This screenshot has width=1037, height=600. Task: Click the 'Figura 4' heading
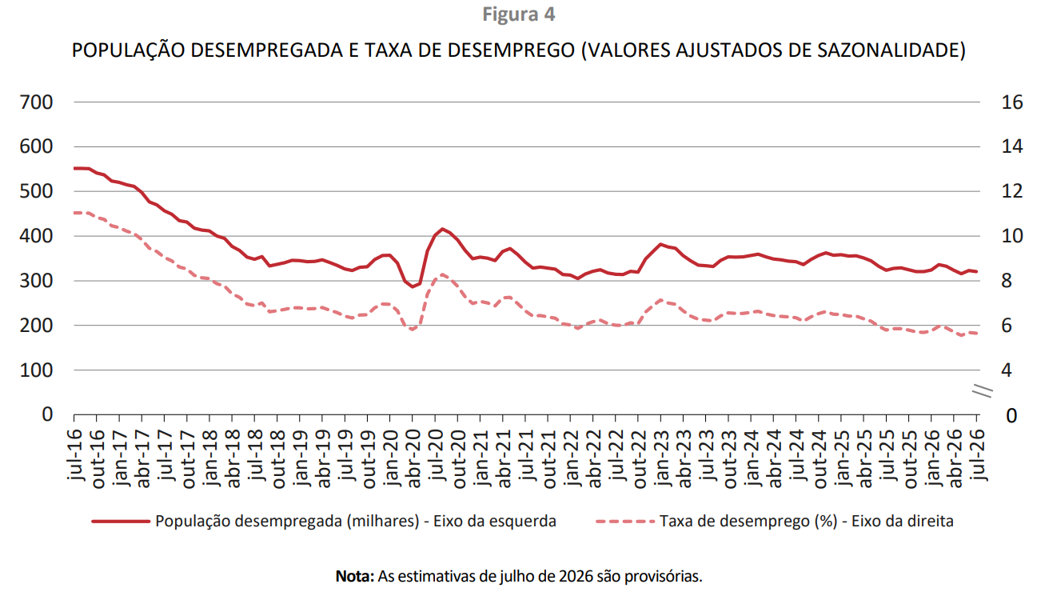point(518,14)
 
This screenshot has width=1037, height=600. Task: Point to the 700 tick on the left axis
point(36,102)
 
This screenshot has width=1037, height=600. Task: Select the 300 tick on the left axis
point(36,281)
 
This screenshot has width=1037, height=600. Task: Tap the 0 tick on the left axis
point(47,414)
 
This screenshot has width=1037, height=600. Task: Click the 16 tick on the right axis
point(1012,102)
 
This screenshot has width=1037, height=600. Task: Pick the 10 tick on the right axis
point(1012,236)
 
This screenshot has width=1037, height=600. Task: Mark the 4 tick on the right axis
point(1007,370)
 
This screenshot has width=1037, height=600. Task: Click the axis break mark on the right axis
point(982,391)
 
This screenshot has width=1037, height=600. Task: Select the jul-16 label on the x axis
point(74,454)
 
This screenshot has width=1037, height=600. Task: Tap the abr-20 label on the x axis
point(413,458)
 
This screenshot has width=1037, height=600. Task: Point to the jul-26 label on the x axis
point(976,454)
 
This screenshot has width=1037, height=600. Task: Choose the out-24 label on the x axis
point(819,458)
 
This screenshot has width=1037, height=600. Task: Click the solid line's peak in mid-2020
point(443,229)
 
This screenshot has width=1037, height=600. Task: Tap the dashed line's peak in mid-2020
point(443,274)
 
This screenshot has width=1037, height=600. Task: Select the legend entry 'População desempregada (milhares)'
point(324,522)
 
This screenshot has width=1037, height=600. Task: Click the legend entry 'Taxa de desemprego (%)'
point(775,522)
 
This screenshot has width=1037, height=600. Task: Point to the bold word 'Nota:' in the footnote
point(355,576)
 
